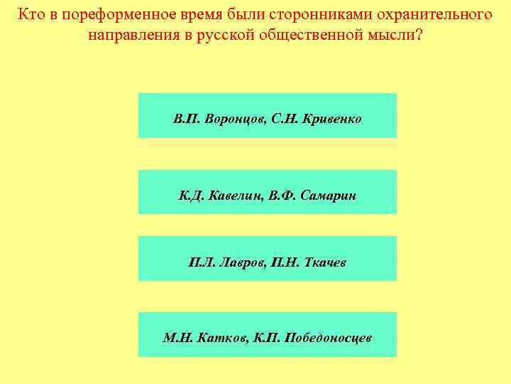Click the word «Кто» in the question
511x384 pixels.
coord(31,14)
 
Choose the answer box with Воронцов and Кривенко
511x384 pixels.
coord(267,115)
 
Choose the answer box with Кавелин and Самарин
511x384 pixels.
coord(267,192)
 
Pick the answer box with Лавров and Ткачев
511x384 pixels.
coord(267,259)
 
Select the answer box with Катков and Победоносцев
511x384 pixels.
coord(267,334)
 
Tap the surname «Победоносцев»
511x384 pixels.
coord(328,338)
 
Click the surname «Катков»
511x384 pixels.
coord(221,338)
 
